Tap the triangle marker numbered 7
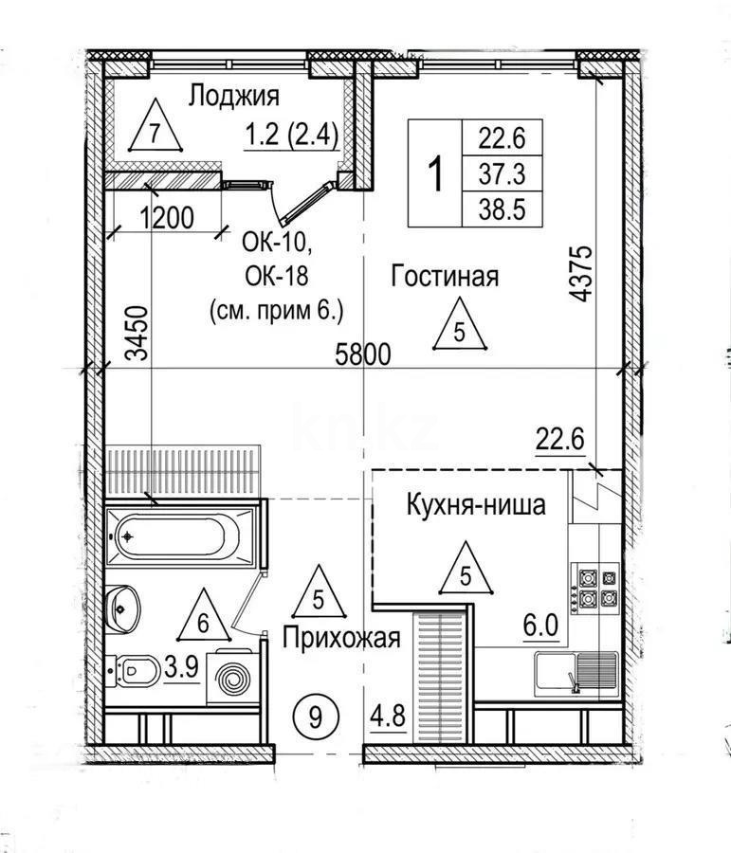[155, 133]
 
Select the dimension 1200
[166, 218]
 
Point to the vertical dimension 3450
[138, 333]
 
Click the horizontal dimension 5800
[364, 355]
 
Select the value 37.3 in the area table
[502, 174]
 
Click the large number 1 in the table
[435, 174]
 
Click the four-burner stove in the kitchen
[594, 588]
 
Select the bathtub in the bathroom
[178, 536]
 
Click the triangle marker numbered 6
[202, 618]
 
